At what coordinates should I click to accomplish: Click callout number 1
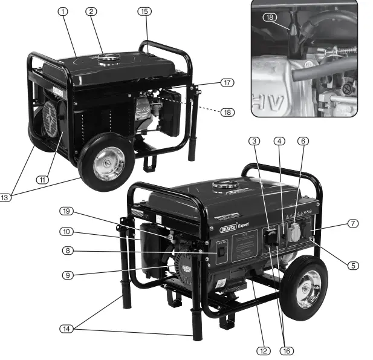[x=63, y=11]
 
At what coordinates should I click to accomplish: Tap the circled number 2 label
[x=91, y=11]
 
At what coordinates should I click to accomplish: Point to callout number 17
[x=227, y=82]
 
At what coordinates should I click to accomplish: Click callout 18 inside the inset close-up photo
[x=270, y=18]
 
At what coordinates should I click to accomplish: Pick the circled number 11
[x=42, y=180]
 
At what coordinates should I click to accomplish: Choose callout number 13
[x=5, y=198]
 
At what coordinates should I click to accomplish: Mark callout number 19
[x=66, y=211]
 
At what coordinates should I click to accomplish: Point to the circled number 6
[x=303, y=141]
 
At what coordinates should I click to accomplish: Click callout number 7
[x=352, y=223]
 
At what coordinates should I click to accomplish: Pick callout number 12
[x=261, y=350]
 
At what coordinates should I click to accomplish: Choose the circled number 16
[x=287, y=350]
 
